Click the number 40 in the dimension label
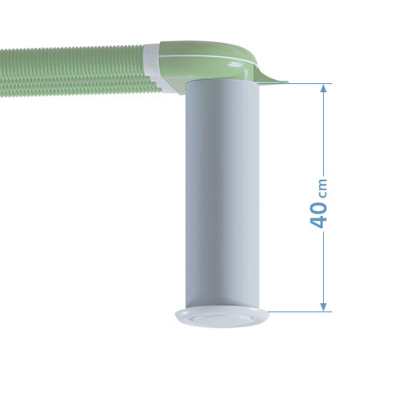[x=322, y=213]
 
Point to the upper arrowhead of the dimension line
[x=322, y=88]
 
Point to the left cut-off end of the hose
[x=2, y=74]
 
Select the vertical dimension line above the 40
[x=322, y=132]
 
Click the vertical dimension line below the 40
[x=322, y=264]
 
